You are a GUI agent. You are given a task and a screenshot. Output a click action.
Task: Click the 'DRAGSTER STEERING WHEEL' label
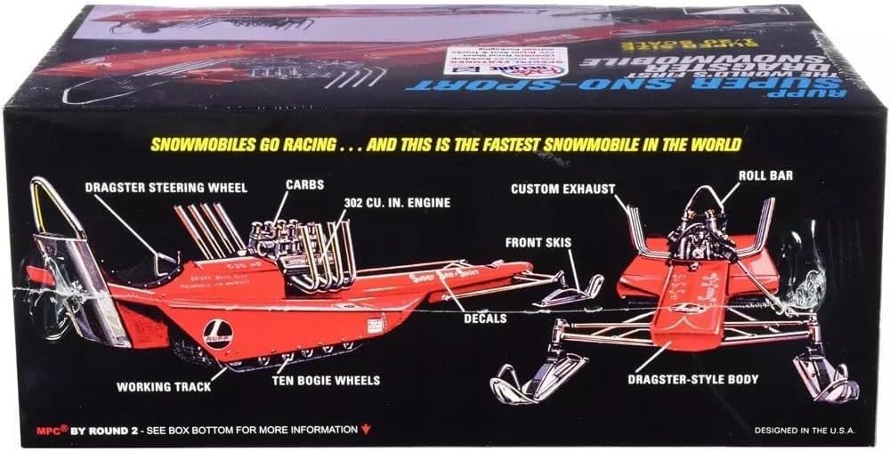point(167,187)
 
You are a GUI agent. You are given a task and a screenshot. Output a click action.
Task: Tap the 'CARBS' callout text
point(304,184)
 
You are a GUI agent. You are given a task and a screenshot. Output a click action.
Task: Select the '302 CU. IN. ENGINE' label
point(398,203)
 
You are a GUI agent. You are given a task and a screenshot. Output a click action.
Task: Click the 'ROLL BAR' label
point(765,176)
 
